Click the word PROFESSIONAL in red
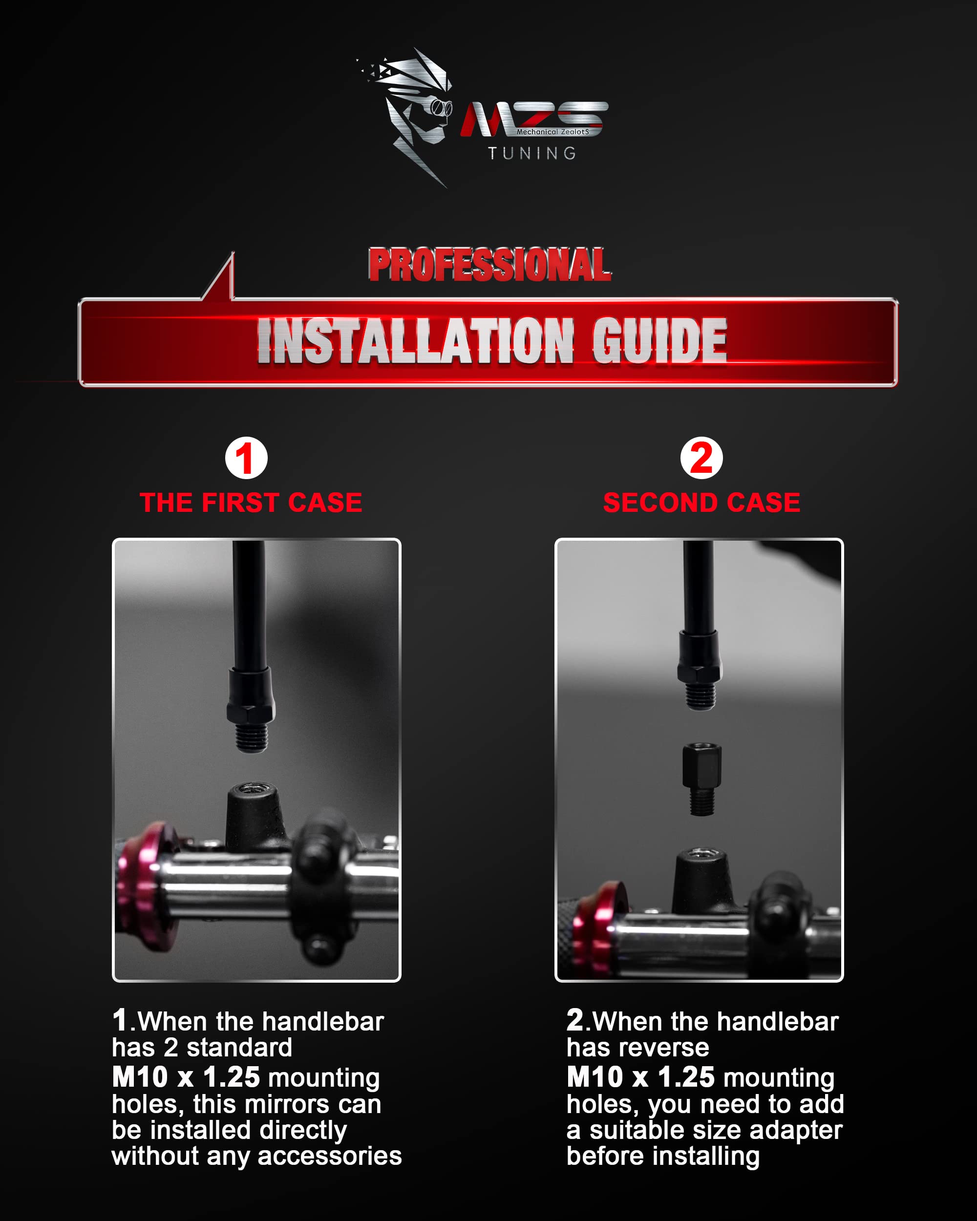[490, 265]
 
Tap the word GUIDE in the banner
[659, 340]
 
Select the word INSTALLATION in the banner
[416, 340]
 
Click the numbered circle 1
[246, 458]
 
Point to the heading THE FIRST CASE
[251, 503]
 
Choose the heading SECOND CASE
[702, 503]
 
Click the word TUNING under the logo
[532, 153]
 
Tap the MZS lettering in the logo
[533, 119]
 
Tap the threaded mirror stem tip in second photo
[701, 695]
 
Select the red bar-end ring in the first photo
[140, 888]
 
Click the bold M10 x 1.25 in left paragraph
[186, 1076]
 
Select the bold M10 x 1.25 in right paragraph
[640, 1076]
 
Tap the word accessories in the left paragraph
[329, 1156]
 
